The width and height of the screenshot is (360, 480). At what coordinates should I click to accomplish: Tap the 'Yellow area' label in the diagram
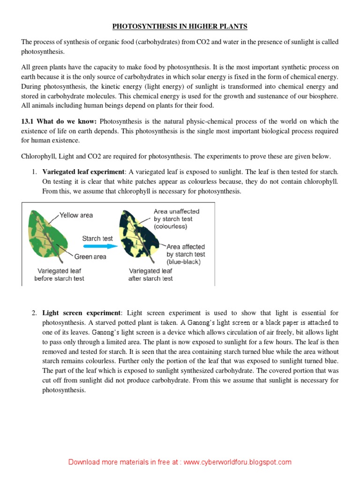click(x=77, y=215)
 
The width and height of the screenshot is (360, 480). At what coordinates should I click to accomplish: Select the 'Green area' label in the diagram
click(x=90, y=256)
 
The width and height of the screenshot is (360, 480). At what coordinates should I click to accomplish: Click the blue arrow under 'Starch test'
click(x=97, y=246)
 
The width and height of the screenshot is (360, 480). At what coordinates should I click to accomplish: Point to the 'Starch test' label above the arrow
click(x=97, y=238)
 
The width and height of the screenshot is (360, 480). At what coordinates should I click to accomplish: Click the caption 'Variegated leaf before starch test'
click(x=59, y=275)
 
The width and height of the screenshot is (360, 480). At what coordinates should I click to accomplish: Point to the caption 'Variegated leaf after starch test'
click(x=150, y=275)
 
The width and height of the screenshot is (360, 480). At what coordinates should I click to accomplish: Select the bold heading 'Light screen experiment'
click(x=82, y=313)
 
